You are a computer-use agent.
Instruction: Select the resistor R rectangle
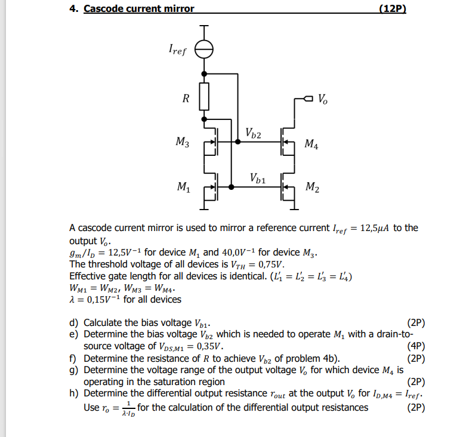(x=205, y=97)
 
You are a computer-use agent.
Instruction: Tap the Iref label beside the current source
(x=177, y=51)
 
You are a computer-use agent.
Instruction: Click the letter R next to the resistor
(x=186, y=99)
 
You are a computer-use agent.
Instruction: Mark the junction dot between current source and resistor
(x=205, y=73)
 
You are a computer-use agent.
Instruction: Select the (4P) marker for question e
(x=415, y=346)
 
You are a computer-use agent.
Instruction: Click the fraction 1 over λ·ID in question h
(x=127, y=408)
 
